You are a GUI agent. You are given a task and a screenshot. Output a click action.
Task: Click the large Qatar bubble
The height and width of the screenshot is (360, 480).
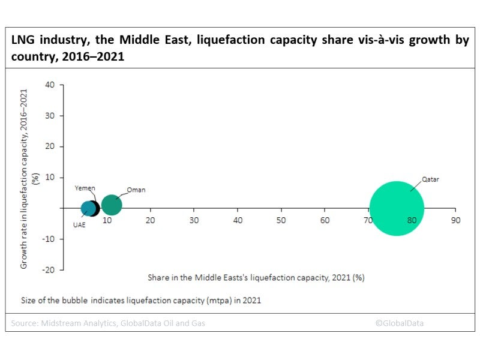click(x=396, y=208)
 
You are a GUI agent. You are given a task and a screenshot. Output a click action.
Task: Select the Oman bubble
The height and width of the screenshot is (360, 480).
click(x=112, y=205)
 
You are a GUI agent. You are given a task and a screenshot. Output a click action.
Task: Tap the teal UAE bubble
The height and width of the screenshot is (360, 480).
click(x=89, y=209)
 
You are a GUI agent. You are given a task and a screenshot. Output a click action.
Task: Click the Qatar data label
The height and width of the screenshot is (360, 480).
click(x=430, y=179)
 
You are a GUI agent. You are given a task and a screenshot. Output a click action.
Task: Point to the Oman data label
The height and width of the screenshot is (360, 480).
click(x=136, y=190)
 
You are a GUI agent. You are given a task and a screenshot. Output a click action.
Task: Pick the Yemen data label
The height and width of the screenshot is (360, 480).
click(x=85, y=188)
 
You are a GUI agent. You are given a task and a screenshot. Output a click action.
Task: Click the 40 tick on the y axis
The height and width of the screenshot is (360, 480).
click(x=50, y=85)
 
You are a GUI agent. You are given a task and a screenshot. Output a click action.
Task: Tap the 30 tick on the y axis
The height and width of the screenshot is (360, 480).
click(x=50, y=115)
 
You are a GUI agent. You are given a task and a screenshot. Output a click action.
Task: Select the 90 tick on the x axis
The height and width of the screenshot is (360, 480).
click(x=455, y=220)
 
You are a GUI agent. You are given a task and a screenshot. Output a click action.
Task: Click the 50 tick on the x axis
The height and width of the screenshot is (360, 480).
click(x=281, y=220)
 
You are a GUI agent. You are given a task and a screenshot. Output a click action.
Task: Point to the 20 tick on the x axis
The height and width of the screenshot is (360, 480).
click(x=151, y=220)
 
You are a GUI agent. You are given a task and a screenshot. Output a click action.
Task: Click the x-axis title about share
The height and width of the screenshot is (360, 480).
click(x=256, y=277)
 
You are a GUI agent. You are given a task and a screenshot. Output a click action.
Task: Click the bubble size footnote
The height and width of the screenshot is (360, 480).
click(x=141, y=299)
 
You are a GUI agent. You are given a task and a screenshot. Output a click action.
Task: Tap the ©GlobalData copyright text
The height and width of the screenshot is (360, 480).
click(x=400, y=323)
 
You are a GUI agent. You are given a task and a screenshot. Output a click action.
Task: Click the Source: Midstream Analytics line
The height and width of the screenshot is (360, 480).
click(x=108, y=323)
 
